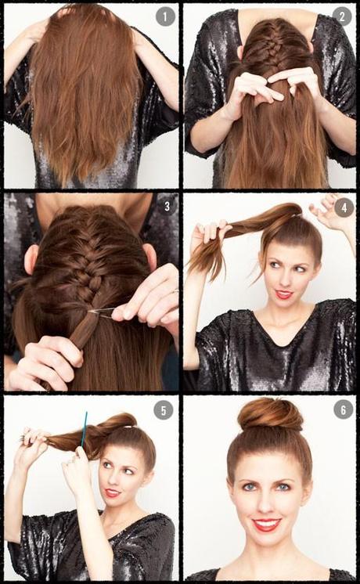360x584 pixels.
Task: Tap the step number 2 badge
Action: coord(341,17)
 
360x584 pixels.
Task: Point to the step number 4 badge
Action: coord(341,208)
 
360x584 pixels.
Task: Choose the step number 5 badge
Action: coord(163,410)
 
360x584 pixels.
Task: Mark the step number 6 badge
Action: coord(342,410)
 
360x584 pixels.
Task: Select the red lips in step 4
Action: coord(283,294)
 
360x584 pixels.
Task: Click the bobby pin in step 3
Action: coord(102,312)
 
